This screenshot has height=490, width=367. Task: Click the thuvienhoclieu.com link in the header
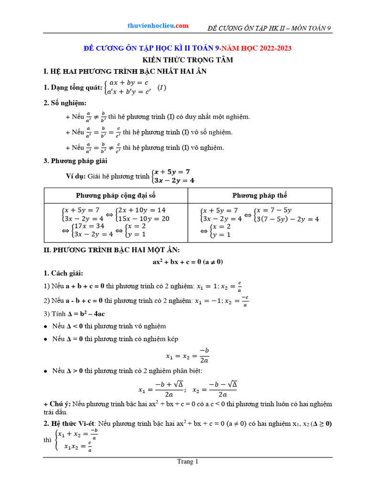158,26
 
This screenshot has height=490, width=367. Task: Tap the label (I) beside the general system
162,87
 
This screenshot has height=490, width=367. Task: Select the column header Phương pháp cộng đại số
116,195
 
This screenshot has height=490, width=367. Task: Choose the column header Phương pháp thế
259,195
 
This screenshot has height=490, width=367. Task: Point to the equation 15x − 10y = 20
143,219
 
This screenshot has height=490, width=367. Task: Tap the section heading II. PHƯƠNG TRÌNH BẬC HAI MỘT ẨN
111,250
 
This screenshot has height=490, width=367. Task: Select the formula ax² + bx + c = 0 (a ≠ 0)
188,262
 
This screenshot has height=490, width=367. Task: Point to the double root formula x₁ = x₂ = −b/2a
187,356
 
